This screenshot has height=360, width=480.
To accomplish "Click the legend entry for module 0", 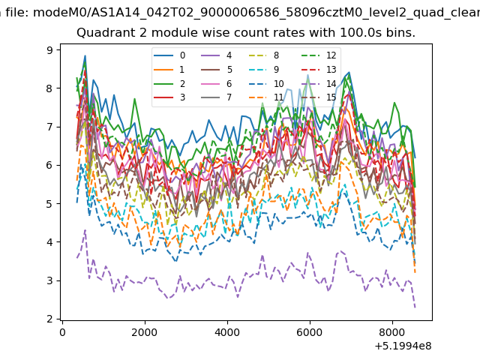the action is click(x=169, y=55).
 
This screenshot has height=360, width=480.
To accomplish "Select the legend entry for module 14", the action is click(x=319, y=83).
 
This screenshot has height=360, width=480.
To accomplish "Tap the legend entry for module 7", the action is click(x=216, y=97).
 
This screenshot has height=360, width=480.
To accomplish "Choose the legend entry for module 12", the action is click(x=319, y=55).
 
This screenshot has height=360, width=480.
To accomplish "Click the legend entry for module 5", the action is click(x=216, y=70).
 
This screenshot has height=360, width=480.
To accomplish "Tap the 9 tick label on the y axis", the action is click(x=50, y=50).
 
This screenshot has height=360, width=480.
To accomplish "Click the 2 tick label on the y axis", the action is click(x=50, y=319).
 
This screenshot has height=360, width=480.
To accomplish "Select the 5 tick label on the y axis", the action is click(x=50, y=204).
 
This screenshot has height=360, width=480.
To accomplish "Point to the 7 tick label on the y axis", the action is click(x=50, y=127).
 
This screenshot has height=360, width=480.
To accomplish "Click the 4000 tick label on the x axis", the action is click(x=227, y=332).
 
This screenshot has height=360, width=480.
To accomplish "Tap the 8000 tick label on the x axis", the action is click(x=392, y=332).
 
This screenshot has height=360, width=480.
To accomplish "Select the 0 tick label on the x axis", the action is click(x=62, y=332).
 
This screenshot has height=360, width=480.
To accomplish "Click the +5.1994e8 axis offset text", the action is click(x=403, y=346).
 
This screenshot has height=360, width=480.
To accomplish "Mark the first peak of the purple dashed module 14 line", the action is click(x=85, y=229).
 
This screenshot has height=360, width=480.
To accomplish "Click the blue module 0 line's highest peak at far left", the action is click(x=85, y=55).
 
